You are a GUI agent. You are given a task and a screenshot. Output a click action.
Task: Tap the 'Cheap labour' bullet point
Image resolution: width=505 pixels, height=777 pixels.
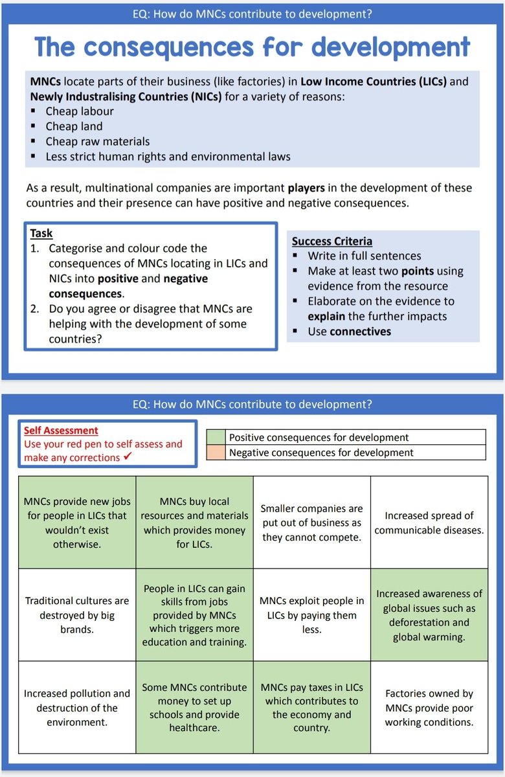79,111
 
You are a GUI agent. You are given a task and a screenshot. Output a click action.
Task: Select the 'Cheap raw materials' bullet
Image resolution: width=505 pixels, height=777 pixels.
97,141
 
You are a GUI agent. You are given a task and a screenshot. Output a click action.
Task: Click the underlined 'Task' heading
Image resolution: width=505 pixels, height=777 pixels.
41,233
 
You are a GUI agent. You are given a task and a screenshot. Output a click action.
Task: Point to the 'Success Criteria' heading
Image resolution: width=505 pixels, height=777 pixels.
331,241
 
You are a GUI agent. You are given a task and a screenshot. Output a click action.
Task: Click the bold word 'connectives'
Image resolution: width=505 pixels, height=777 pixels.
360,331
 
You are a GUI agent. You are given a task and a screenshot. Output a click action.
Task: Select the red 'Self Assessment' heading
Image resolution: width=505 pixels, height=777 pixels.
61,430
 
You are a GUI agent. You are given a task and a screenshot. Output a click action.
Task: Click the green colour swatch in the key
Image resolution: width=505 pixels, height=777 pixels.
216,437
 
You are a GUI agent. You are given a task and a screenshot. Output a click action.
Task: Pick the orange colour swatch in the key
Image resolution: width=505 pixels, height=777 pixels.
216,453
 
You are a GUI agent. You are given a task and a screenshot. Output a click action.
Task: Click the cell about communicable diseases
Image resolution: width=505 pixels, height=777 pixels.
429,523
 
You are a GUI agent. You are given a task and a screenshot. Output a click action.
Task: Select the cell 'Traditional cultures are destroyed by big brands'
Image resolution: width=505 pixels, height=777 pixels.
77,614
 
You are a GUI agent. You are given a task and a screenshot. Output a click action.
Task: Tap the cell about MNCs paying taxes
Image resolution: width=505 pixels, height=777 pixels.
311,707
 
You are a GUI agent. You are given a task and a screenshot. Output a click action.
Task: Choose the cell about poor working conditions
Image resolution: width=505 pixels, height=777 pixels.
429,707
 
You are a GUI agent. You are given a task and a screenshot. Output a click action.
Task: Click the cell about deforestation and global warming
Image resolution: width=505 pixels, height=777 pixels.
429,614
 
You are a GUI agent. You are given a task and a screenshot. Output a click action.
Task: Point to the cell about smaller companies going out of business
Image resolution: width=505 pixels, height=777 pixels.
311,523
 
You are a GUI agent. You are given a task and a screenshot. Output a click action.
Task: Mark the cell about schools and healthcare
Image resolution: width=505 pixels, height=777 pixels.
194,707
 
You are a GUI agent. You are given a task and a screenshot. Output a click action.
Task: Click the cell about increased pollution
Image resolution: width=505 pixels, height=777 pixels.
77,707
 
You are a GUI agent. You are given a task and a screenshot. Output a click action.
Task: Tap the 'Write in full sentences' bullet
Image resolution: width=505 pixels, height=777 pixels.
364,256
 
